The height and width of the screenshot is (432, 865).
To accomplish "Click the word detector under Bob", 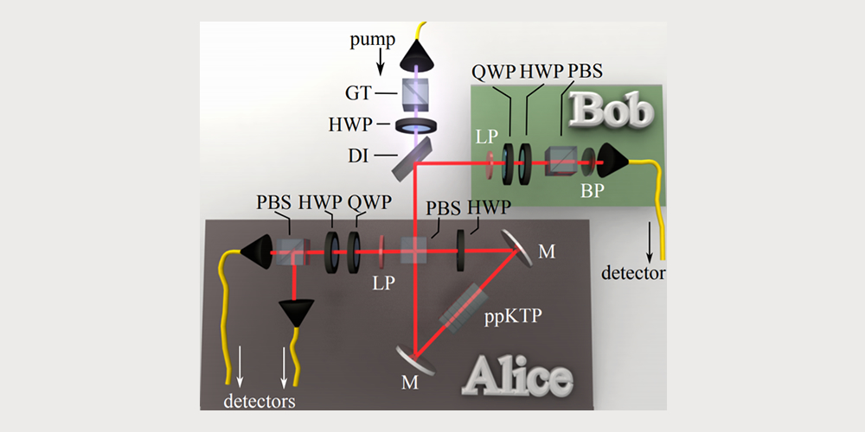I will pyautogui.click(x=635, y=274).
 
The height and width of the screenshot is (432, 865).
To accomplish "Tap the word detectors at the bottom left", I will pyautogui.click(x=259, y=401).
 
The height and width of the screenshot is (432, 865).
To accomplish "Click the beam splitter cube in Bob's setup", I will pyautogui.click(x=560, y=159).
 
